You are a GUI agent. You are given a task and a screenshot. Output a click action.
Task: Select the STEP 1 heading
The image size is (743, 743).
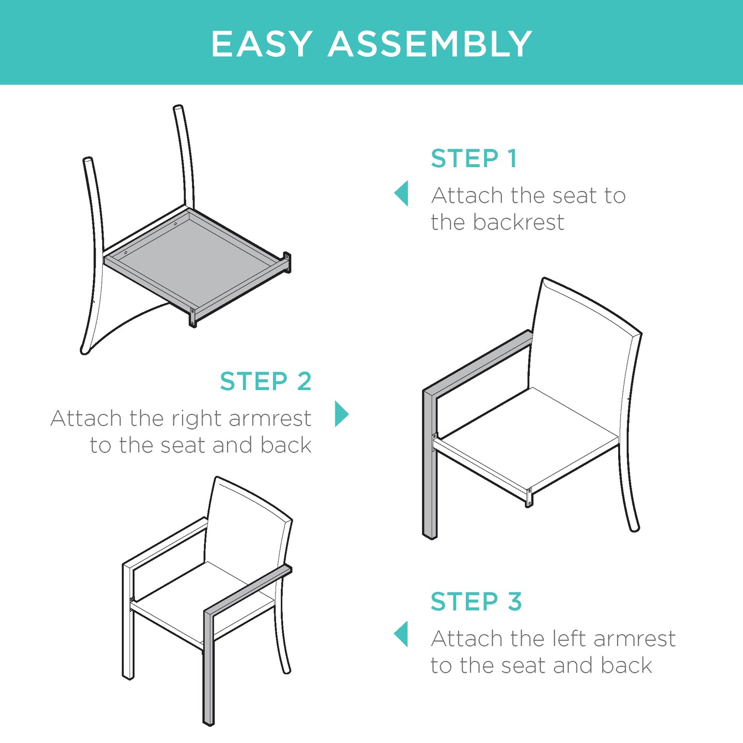tap(473, 158)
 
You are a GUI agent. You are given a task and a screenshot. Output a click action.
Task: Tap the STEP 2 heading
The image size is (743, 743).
tap(265, 381)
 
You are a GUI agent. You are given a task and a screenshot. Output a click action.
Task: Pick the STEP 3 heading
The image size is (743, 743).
tap(476, 602)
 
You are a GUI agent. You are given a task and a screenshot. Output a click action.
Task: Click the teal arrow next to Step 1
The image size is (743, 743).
tap(401, 193)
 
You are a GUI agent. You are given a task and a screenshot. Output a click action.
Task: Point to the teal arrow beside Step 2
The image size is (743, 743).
tap(341, 414)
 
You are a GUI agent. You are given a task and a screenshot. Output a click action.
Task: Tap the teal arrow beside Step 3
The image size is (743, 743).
tap(401, 634)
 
